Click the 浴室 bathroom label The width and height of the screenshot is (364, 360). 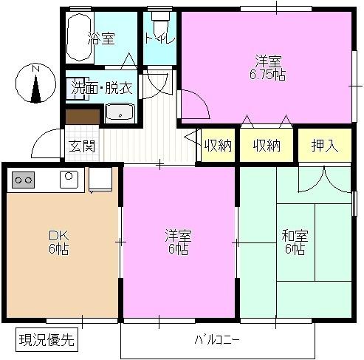pyautogui.click(x=102, y=38)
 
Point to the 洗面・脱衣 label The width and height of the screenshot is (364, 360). pyautogui.click(x=101, y=87)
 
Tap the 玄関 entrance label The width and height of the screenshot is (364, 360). pyautogui.click(x=82, y=145)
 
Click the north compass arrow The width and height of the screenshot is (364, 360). pyautogui.click(x=35, y=83)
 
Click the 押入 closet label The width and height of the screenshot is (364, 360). pyautogui.click(x=325, y=145)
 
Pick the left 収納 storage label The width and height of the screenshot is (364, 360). pyautogui.click(x=218, y=145)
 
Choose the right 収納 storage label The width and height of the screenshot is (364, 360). pyautogui.click(x=267, y=145)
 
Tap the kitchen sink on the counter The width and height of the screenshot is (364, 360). pyautogui.click(x=69, y=177)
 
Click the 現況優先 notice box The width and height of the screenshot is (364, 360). pyautogui.click(x=47, y=341)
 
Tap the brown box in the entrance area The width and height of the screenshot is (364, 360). pyautogui.click(x=82, y=116)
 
